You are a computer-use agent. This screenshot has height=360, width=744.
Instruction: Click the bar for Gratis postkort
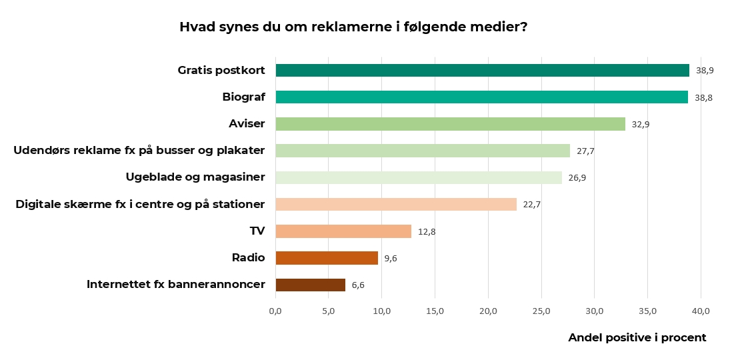click(482, 71)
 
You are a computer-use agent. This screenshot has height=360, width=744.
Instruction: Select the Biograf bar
click(481, 97)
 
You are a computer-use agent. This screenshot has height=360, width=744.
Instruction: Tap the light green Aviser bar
click(450, 124)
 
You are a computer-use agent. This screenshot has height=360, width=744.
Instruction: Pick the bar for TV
click(343, 231)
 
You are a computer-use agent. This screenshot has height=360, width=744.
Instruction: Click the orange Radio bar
click(327, 258)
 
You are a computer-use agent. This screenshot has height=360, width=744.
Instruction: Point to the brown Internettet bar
click(311, 285)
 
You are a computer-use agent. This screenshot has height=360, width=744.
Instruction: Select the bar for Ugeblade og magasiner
click(419, 178)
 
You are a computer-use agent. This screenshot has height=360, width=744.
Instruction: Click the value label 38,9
click(705, 71)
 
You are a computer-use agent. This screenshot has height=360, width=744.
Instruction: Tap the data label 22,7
click(531, 205)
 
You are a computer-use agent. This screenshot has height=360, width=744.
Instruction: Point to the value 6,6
click(358, 285)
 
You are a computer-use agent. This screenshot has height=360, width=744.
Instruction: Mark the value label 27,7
click(585, 151)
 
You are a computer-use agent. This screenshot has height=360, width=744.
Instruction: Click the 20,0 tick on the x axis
click(488, 311)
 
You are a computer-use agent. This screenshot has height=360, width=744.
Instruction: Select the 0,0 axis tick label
click(275, 311)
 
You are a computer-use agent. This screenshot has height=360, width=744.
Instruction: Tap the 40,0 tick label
click(701, 311)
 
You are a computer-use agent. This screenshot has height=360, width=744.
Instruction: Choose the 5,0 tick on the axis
click(329, 311)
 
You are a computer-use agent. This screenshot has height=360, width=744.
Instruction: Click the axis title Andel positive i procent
click(637, 338)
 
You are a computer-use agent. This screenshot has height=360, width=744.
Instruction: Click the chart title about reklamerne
click(353, 27)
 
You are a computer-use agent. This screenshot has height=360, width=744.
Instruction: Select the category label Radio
click(248, 258)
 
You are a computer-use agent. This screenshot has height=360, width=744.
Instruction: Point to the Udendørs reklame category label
click(139, 151)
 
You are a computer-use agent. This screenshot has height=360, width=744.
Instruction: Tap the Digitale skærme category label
click(140, 204)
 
